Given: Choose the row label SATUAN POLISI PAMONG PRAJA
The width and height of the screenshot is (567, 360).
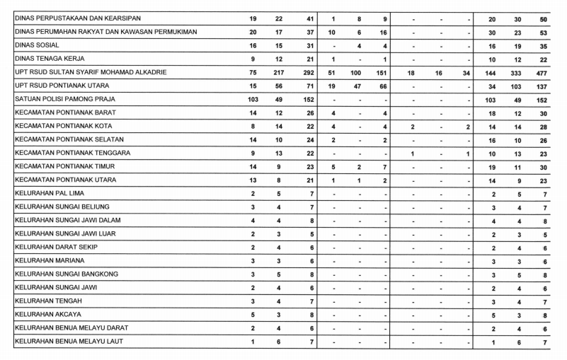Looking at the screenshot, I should coord(64,99).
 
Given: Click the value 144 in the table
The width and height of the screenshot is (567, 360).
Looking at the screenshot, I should coord(493,72).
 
